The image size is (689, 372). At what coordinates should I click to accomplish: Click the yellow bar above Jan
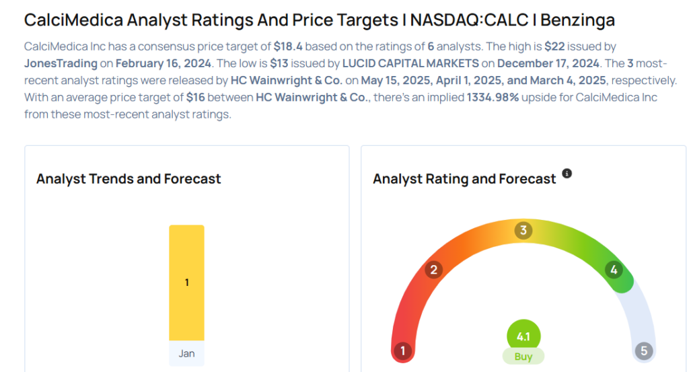click(186, 283)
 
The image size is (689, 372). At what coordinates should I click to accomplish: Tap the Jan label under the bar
click(186, 353)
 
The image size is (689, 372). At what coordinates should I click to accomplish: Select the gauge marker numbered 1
click(402, 350)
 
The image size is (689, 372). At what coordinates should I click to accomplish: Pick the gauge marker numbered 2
click(434, 270)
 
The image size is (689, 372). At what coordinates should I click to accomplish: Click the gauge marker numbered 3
click(523, 231)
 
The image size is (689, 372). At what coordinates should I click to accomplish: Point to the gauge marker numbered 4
click(613, 270)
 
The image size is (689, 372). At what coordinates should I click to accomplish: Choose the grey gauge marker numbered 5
click(644, 350)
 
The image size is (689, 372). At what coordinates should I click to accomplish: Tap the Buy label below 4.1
click(523, 357)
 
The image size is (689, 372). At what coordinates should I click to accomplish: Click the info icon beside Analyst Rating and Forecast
click(567, 174)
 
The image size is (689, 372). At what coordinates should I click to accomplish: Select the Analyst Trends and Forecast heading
click(129, 179)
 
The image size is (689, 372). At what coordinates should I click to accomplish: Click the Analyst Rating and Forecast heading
click(464, 179)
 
